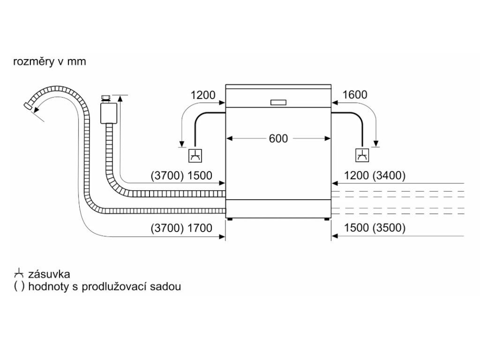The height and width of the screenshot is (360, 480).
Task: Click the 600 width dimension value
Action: click(x=278, y=139)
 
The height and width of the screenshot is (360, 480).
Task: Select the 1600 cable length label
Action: click(x=355, y=95)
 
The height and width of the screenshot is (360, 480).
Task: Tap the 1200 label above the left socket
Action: click(x=202, y=95)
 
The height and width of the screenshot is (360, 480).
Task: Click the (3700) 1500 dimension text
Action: click(x=182, y=176)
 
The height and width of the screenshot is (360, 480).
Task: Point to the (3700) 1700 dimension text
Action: click(x=182, y=228)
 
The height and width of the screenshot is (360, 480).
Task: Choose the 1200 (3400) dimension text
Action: click(x=375, y=176)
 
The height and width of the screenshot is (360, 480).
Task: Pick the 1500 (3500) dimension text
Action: click(x=375, y=228)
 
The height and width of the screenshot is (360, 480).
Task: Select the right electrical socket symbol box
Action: click(x=362, y=155)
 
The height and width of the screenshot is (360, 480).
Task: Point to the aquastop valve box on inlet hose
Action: click(x=108, y=113)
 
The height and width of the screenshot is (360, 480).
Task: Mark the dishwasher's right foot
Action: click(x=327, y=217)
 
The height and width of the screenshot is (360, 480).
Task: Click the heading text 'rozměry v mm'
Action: click(x=50, y=62)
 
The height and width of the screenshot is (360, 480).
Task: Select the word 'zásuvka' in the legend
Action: click(x=49, y=274)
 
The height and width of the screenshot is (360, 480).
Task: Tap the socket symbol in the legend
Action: click(x=19, y=274)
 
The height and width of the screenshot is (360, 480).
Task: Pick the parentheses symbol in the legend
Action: click(x=19, y=287)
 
